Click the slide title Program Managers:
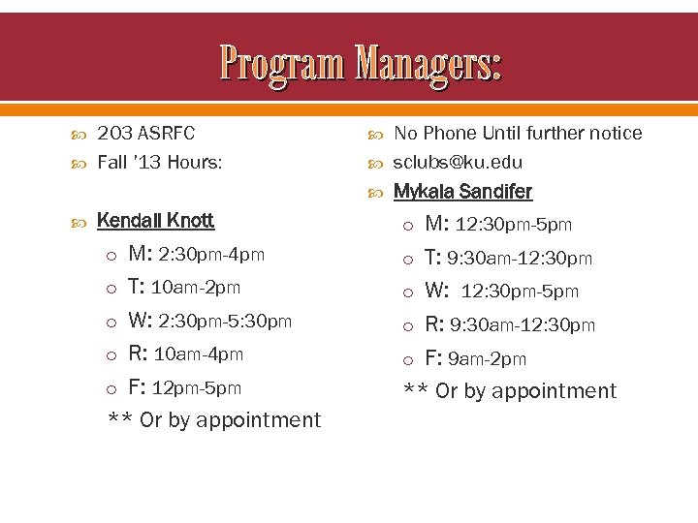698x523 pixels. [x=361, y=63]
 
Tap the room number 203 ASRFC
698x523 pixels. [x=145, y=133]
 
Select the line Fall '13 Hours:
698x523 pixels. [x=160, y=162]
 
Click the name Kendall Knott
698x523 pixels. [x=155, y=221]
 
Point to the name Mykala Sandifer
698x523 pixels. [x=462, y=192]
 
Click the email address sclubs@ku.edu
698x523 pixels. [x=458, y=163]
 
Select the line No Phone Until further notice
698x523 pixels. [x=518, y=133]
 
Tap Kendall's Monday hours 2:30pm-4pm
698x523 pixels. [x=210, y=255]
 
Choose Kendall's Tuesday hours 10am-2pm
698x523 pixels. [x=196, y=288]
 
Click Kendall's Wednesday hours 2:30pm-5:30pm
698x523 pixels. [x=225, y=321]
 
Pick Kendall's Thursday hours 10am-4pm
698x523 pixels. [x=199, y=354]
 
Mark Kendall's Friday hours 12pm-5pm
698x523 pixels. [x=197, y=388]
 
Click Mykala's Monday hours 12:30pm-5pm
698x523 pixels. [x=514, y=225]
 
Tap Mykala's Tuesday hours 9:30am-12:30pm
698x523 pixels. [x=519, y=259]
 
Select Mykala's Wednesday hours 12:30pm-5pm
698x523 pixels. [x=520, y=292]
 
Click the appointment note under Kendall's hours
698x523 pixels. [x=214, y=420]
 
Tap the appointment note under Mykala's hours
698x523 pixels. [x=510, y=391]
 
